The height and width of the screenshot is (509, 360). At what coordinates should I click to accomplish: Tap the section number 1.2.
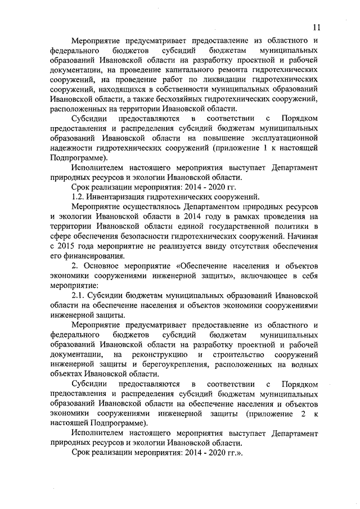(80, 196)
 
